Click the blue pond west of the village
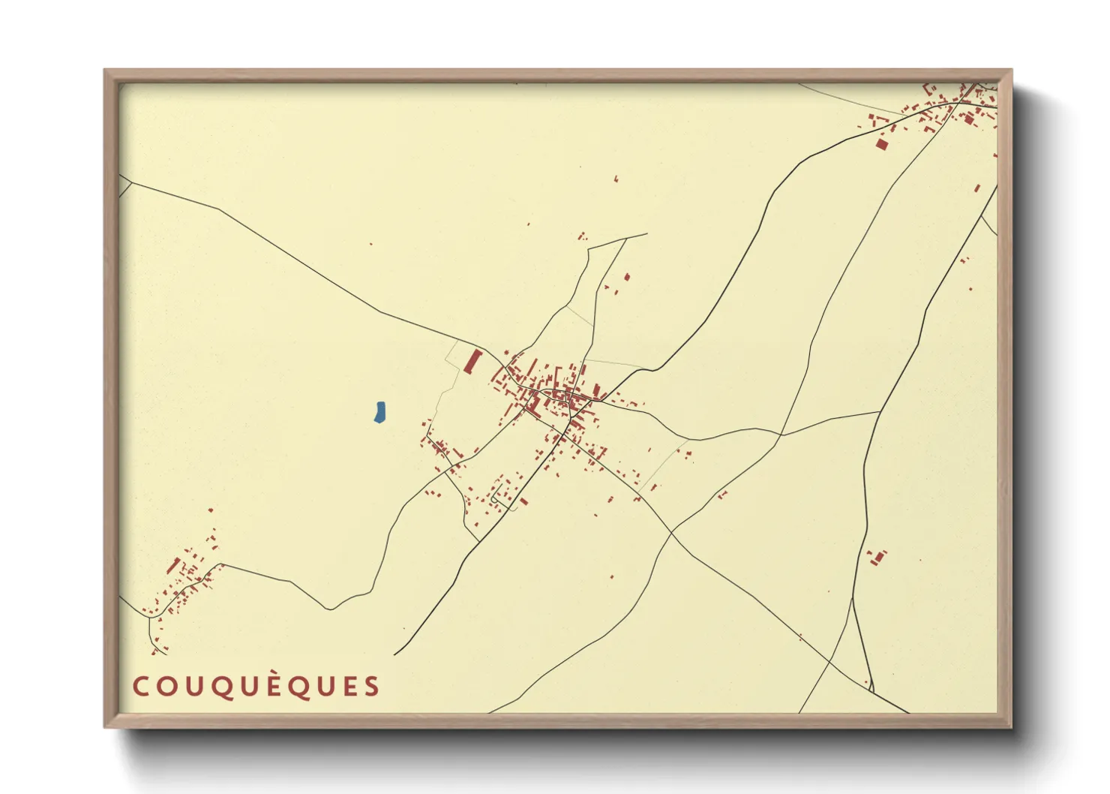click(x=379, y=412)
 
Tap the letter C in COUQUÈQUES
click(x=140, y=686)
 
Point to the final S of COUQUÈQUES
click(x=372, y=686)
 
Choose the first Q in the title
click(x=226, y=687)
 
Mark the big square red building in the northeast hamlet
click(x=881, y=144)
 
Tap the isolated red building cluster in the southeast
click(x=876, y=558)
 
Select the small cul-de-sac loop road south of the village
click(x=496, y=498)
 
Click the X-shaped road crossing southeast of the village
click(x=671, y=531)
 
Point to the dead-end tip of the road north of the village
click(x=646, y=234)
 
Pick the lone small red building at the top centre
click(x=616, y=179)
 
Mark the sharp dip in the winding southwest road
click(x=329, y=609)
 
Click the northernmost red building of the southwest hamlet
click(x=210, y=510)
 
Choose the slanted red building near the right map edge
click(x=977, y=188)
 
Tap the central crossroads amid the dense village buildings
click(x=571, y=395)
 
